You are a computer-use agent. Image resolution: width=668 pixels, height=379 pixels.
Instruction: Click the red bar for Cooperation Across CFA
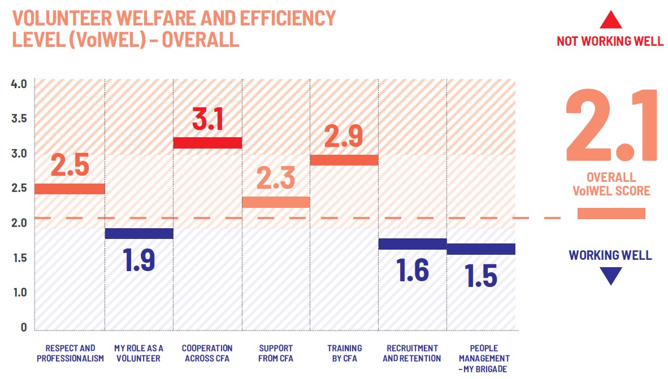207,142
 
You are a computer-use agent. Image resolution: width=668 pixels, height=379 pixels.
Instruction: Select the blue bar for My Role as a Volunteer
139,233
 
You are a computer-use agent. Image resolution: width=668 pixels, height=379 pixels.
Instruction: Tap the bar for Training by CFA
345,160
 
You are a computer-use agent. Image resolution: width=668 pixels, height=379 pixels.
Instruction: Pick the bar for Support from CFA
276,202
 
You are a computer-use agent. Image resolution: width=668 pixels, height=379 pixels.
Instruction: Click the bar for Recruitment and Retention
413,244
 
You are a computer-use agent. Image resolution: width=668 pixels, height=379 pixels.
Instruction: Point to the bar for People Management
481,249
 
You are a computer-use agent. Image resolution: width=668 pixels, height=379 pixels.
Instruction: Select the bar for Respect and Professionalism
70,189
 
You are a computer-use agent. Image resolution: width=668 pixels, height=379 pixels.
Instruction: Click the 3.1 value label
207,119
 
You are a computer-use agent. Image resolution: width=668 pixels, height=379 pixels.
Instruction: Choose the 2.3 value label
276,178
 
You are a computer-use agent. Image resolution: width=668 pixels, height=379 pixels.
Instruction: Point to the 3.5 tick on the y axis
19,119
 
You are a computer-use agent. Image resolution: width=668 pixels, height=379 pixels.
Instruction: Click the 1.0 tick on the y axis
19,293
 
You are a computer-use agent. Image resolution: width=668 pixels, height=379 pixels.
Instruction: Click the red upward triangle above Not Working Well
610,21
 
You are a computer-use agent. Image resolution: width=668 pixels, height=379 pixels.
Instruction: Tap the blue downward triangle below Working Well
610,276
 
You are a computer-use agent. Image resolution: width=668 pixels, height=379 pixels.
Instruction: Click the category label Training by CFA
345,353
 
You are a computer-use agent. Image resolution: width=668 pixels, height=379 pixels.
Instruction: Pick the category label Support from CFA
276,353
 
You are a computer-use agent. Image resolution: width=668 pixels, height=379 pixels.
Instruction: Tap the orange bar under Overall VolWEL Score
611,214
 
